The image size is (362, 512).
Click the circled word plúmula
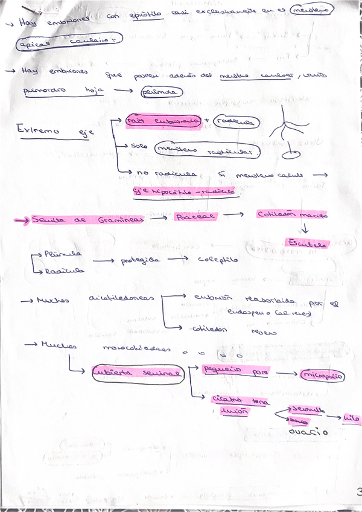[160, 92]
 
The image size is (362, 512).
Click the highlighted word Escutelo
[308, 244]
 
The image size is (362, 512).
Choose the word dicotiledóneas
[121, 298]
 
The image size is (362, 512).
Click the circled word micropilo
[323, 376]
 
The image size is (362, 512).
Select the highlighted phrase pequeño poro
[230, 370]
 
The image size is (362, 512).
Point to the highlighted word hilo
[351, 417]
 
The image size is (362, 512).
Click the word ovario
[308, 432]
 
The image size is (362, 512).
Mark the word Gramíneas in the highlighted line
[121, 220]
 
